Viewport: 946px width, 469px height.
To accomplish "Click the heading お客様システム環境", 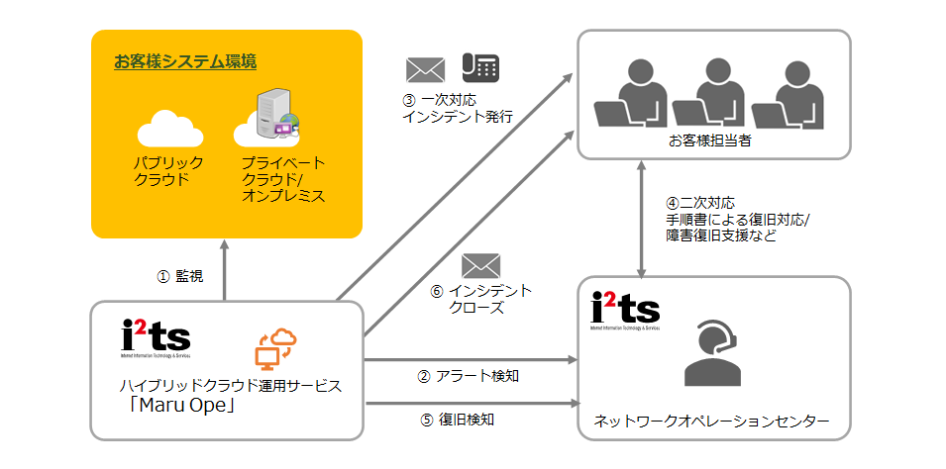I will pos(185,62).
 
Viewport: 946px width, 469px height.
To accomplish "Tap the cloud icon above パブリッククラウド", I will pos(168,129).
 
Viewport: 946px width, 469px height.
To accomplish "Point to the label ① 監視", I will pos(180,277).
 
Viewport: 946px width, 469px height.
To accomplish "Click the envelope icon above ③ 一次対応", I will pos(426,69).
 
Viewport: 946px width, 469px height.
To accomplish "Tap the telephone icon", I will pos(479,67).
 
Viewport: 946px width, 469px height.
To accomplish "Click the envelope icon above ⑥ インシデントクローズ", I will pos(480,265).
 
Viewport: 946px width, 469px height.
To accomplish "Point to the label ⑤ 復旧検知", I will pos(458,420).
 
